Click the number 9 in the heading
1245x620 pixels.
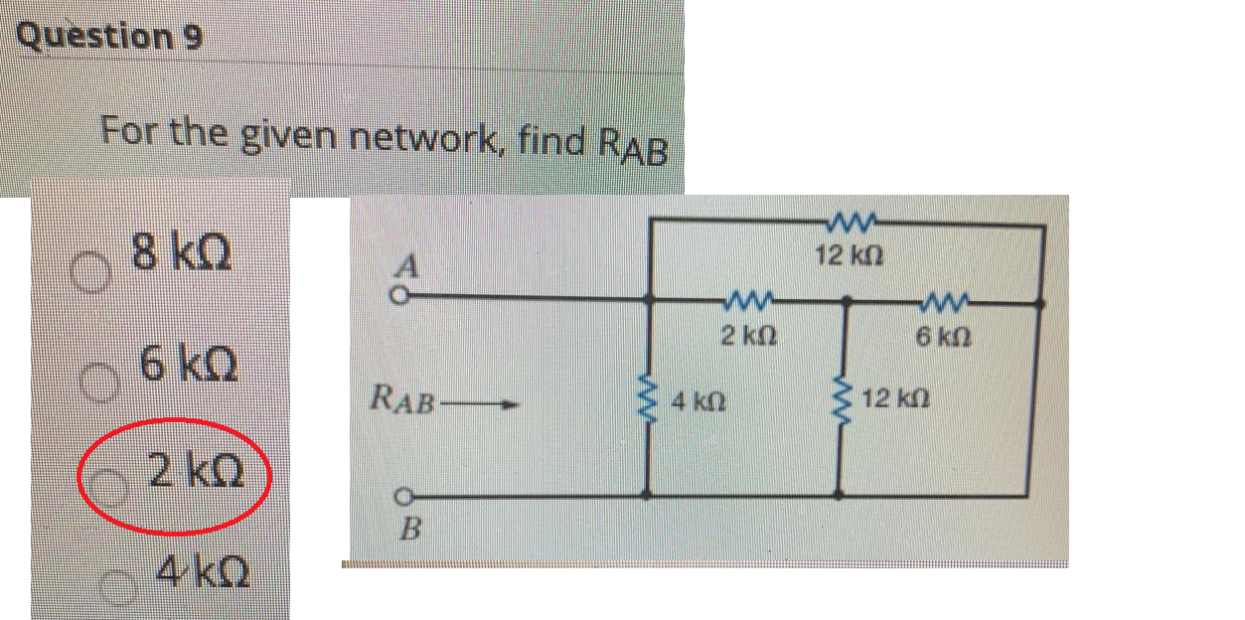click(193, 38)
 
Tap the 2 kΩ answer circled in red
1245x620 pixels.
click(195, 469)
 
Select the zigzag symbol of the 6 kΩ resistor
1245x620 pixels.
click(938, 298)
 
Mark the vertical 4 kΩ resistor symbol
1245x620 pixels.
click(651, 402)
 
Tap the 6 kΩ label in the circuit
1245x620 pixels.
click(936, 337)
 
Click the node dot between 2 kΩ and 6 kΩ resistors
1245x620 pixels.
click(846, 298)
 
